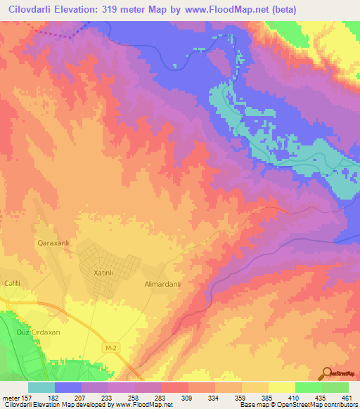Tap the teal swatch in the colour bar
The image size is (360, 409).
click(x=41, y=387)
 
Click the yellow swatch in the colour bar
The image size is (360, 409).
click(x=281, y=387)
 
